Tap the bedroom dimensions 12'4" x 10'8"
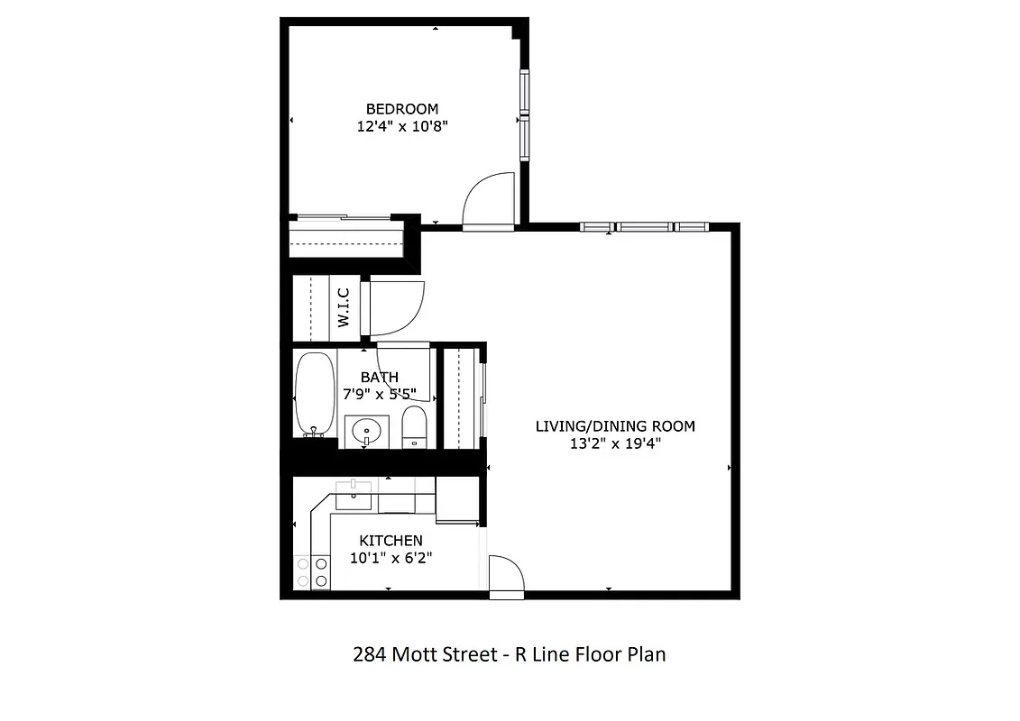pos(402,127)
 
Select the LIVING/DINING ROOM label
pos(615,426)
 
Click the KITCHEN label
pos(391,541)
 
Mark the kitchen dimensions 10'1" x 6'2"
pos(391,558)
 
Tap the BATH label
pos(379,377)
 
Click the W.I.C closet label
pos(344,306)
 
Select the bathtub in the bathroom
pos(313,394)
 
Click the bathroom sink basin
pos(366,431)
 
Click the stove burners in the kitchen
pos(311,571)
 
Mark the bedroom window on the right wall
pos(523,116)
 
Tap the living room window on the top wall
pos(642,227)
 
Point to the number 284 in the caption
pos(370,654)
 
